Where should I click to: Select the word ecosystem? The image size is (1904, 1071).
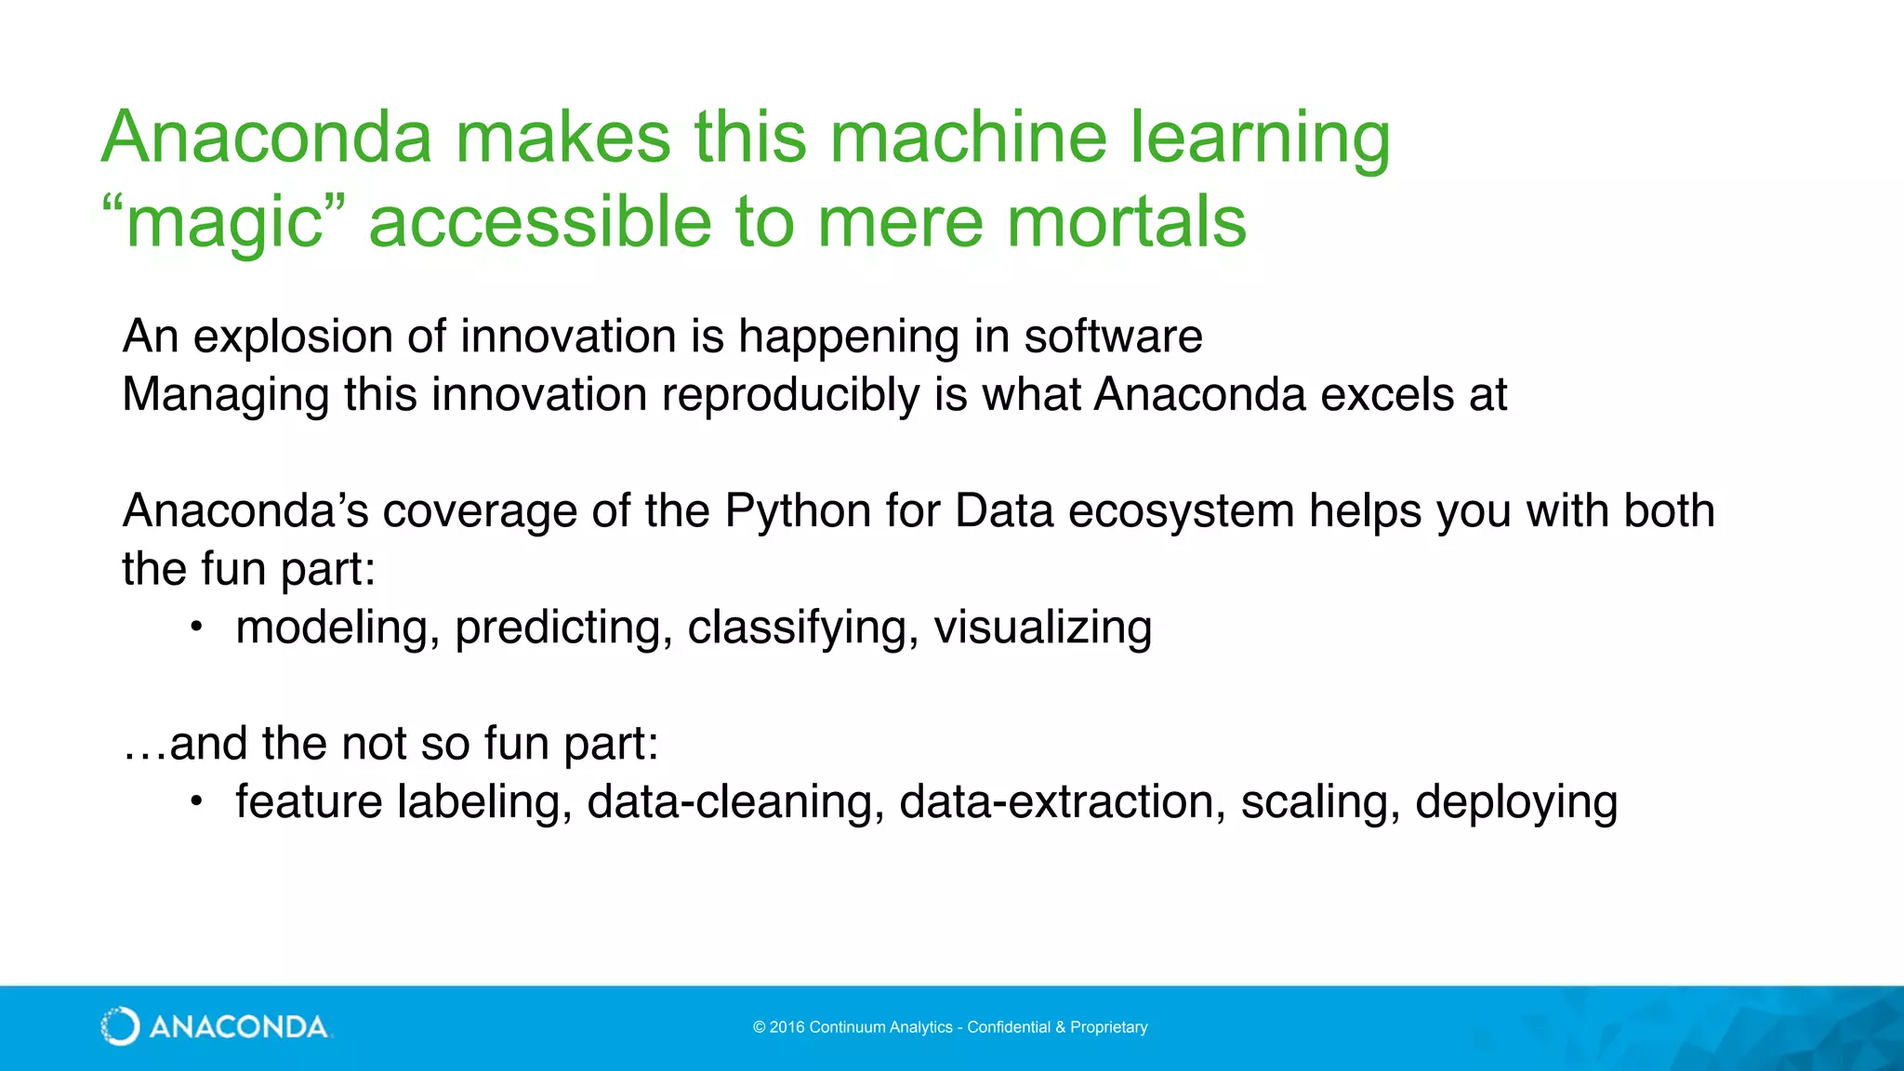(1181, 511)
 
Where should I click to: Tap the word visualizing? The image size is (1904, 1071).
(1042, 628)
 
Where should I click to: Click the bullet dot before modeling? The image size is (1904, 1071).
(195, 628)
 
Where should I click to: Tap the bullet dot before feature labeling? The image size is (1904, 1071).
(195, 801)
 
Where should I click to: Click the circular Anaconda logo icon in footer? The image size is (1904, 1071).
(120, 1026)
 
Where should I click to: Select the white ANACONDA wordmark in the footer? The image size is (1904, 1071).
(238, 1027)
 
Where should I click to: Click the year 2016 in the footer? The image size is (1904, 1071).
(787, 1027)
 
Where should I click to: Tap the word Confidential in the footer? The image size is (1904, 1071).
(1009, 1027)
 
